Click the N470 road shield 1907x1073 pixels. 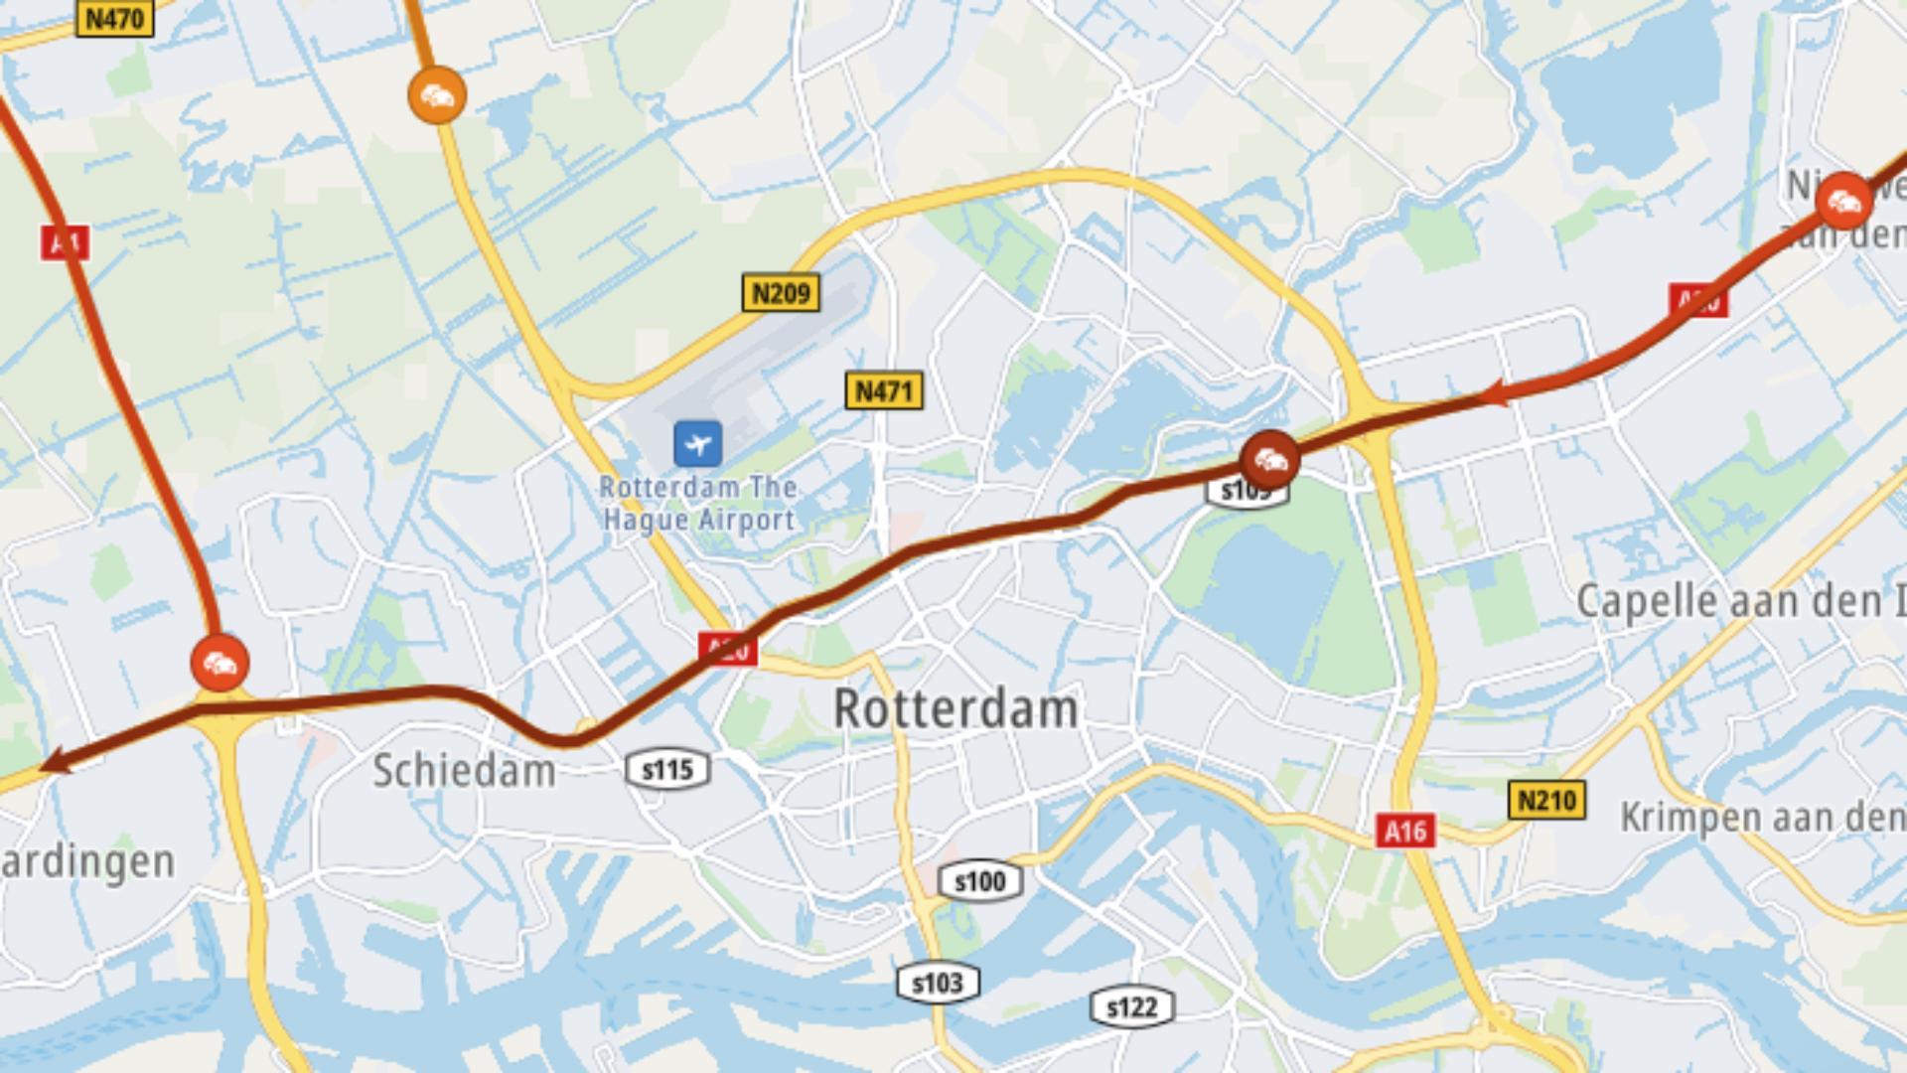[114, 18]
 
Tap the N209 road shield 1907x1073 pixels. [781, 293]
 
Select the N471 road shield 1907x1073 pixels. [883, 390]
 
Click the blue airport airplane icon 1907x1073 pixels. [697, 443]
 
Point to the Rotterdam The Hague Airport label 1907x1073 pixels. [698, 504]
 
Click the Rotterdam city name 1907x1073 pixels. [955, 709]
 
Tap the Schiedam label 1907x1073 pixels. [464, 771]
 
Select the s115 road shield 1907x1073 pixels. [667, 770]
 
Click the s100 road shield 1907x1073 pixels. [979, 881]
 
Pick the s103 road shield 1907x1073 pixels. [937, 984]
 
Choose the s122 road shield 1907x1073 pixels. [1131, 1007]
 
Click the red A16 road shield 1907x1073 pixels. [1405, 831]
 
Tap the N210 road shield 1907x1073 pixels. [1546, 800]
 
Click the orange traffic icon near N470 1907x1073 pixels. [437, 96]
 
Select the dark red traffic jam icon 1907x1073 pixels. [1269, 460]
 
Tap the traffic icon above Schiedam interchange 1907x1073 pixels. [220, 663]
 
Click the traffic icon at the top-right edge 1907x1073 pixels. [1843, 202]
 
